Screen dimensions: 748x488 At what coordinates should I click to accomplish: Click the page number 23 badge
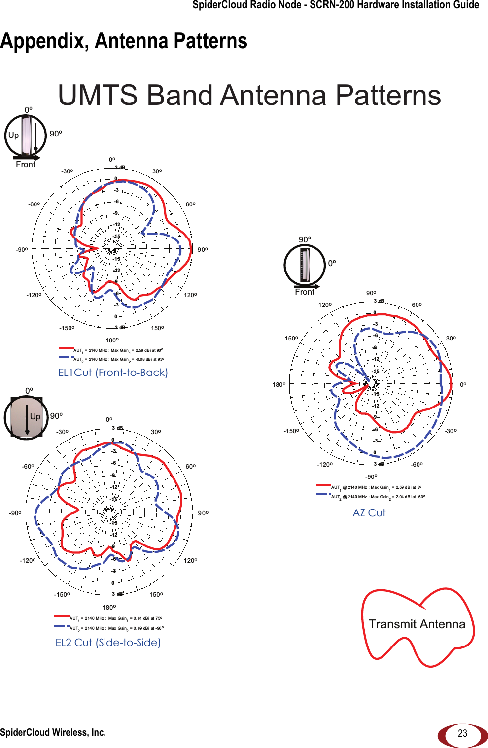(x=462, y=733)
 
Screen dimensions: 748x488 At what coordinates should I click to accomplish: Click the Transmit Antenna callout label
(x=417, y=624)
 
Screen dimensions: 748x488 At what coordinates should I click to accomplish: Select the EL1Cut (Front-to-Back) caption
(x=113, y=373)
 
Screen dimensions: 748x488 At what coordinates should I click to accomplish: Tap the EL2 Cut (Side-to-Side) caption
(x=108, y=643)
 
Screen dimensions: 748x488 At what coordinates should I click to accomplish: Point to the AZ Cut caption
(x=369, y=513)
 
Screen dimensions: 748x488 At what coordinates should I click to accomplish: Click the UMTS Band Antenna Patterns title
(x=249, y=95)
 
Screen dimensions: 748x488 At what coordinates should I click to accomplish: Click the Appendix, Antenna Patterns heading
(x=124, y=41)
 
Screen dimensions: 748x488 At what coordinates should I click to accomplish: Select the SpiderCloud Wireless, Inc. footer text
(x=53, y=733)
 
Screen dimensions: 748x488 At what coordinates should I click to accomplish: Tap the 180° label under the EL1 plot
(x=112, y=340)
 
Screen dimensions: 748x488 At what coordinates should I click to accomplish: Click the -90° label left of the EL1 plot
(x=22, y=250)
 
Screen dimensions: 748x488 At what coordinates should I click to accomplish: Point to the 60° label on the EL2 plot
(x=191, y=466)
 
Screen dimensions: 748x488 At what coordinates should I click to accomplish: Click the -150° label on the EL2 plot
(x=62, y=595)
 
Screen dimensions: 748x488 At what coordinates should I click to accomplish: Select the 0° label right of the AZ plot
(x=463, y=385)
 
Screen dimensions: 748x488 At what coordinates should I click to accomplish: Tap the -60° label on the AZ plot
(x=417, y=465)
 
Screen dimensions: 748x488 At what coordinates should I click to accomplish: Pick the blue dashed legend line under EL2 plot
(x=62, y=626)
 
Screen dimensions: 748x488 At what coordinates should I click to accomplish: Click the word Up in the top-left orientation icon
(x=13, y=136)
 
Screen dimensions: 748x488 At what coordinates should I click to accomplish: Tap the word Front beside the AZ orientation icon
(x=305, y=292)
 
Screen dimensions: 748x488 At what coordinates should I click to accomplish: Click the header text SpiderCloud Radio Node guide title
(x=336, y=5)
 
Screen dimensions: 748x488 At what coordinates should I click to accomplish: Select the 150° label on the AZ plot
(x=291, y=339)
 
